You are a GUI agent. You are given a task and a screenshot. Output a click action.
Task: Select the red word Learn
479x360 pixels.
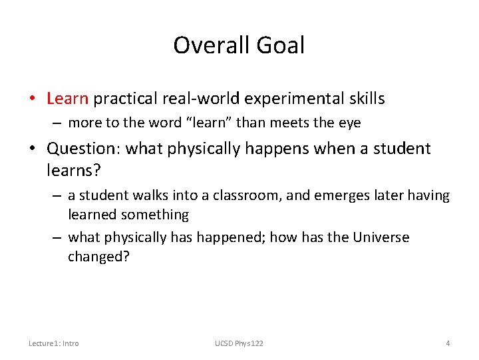(x=67, y=99)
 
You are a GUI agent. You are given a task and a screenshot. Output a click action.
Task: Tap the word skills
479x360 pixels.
(x=364, y=99)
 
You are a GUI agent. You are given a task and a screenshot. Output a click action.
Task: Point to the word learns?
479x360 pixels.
(x=74, y=170)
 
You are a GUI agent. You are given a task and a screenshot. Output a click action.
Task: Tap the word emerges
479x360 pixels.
(x=337, y=195)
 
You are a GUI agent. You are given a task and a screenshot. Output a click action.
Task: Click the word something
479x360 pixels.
(x=155, y=215)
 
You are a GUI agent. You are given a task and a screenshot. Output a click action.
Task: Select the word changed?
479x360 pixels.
(x=98, y=257)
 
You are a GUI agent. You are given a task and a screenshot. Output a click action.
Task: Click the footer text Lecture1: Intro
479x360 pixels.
(x=54, y=343)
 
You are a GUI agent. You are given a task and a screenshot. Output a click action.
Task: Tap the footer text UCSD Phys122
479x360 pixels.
(x=239, y=343)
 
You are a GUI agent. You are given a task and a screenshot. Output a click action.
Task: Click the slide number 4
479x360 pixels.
(x=448, y=343)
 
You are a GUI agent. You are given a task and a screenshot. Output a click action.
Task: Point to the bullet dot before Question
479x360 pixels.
(x=33, y=149)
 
